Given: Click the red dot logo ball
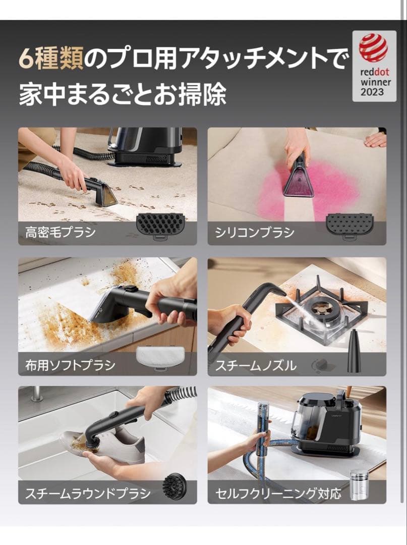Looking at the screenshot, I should click(x=374, y=48).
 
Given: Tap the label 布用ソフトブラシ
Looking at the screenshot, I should click(x=70, y=364).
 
